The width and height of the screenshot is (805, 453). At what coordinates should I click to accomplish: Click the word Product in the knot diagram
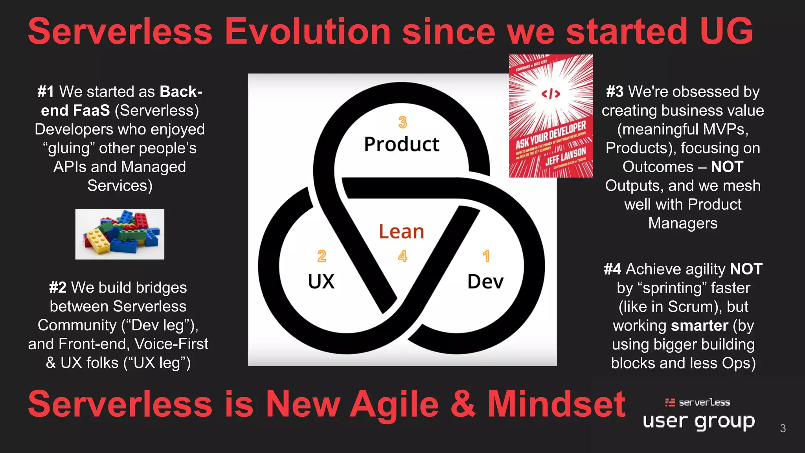pyautogui.click(x=401, y=144)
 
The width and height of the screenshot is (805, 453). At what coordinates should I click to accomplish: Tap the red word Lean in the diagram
pyautogui.click(x=401, y=232)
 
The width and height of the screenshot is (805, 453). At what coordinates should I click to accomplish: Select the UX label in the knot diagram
pyautogui.click(x=321, y=282)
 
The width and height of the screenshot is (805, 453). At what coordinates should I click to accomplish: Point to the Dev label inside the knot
pyautogui.click(x=485, y=282)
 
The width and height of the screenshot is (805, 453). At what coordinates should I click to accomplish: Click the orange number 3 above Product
pyautogui.click(x=402, y=122)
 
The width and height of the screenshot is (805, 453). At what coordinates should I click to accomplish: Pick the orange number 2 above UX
pyautogui.click(x=322, y=256)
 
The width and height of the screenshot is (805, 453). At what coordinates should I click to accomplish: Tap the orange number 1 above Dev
pyautogui.click(x=486, y=256)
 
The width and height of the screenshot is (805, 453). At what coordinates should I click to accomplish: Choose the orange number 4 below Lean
pyautogui.click(x=402, y=256)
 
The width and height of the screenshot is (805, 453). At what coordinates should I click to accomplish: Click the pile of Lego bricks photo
pyautogui.click(x=120, y=234)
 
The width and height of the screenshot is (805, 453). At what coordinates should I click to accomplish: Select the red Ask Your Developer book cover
pyautogui.click(x=551, y=116)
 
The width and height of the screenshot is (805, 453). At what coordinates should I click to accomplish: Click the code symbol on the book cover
pyautogui.click(x=551, y=94)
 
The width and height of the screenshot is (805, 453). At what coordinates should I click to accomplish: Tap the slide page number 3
pyautogui.click(x=783, y=428)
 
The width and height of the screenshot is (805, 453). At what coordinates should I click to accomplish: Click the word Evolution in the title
pyautogui.click(x=308, y=31)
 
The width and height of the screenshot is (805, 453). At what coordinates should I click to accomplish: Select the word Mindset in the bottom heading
pyautogui.click(x=556, y=404)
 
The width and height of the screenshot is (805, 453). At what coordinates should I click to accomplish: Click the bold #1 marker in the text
pyautogui.click(x=46, y=92)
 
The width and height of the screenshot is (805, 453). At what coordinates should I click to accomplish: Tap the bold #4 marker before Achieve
pyautogui.click(x=612, y=269)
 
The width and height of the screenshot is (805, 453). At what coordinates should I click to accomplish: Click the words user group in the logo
pyautogui.click(x=699, y=422)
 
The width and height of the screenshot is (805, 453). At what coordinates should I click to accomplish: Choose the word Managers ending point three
pyautogui.click(x=683, y=223)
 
